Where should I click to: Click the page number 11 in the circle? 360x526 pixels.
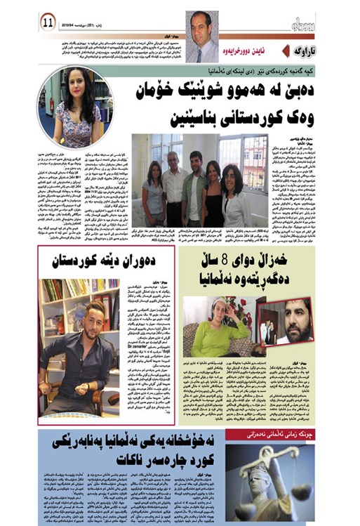(48, 21)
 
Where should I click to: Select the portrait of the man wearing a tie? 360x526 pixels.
(202, 37)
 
